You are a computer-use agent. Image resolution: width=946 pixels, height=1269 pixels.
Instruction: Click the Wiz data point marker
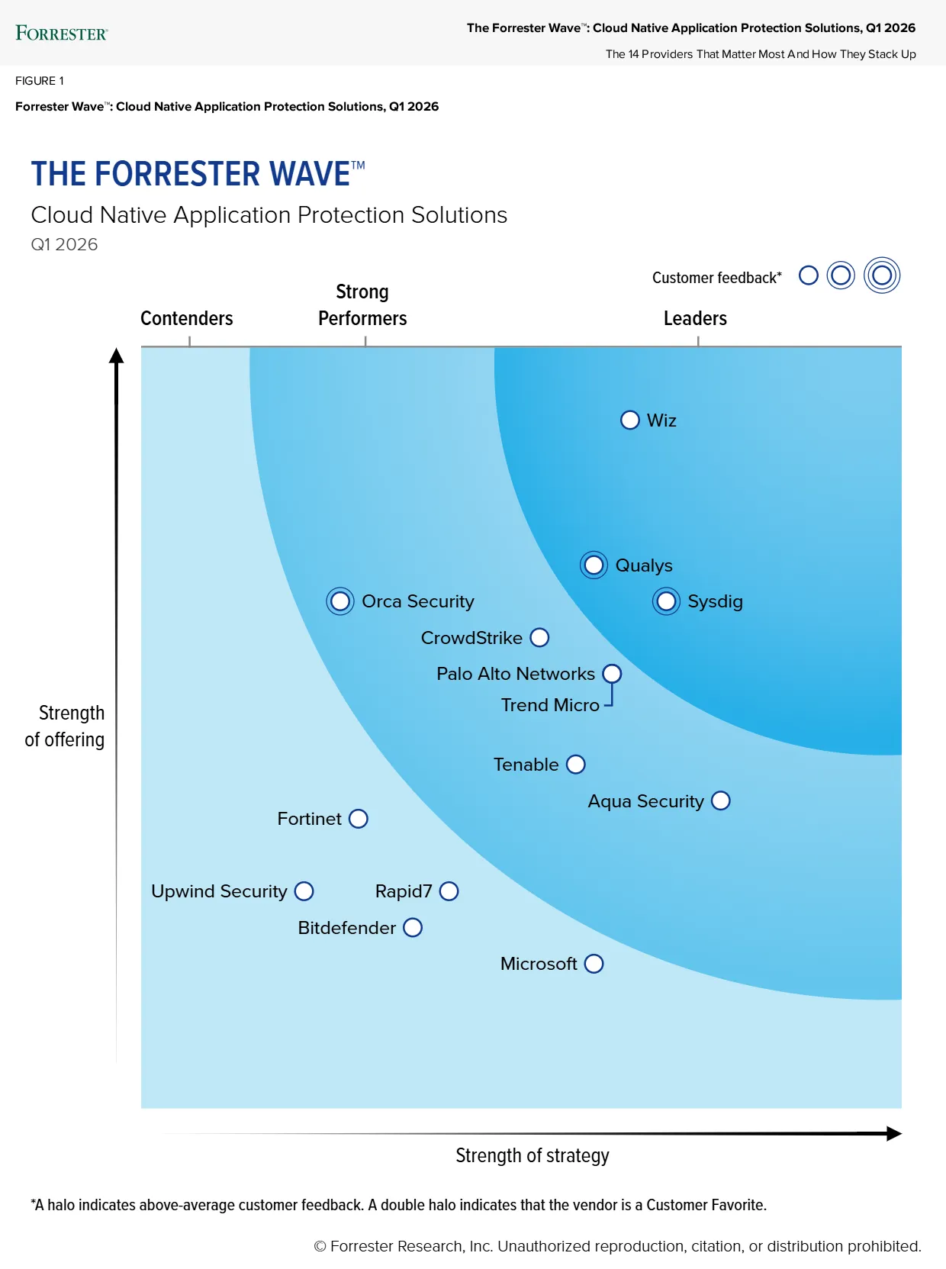(x=629, y=420)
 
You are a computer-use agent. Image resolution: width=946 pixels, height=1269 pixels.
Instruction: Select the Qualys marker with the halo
(x=594, y=565)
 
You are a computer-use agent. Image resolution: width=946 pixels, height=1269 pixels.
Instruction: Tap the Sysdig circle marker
(x=666, y=601)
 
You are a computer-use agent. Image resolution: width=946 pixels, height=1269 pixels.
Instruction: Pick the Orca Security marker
(x=340, y=601)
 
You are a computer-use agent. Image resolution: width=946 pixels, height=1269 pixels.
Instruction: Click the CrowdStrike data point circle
(x=539, y=638)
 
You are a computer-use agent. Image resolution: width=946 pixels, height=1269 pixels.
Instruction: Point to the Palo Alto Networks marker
(x=612, y=674)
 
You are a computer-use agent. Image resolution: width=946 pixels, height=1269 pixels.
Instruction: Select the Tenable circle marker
(x=576, y=765)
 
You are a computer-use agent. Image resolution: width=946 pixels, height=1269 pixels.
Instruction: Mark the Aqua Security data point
(x=721, y=800)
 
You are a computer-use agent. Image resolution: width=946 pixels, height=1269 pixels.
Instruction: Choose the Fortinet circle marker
(x=359, y=819)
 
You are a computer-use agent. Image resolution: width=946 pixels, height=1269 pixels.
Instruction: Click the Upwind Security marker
(x=304, y=891)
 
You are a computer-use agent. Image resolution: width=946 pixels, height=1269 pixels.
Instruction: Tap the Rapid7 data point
(x=449, y=891)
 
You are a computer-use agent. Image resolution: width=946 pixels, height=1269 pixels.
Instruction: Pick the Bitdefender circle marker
(x=413, y=928)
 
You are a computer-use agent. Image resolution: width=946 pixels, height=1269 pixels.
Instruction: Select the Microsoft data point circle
(x=594, y=964)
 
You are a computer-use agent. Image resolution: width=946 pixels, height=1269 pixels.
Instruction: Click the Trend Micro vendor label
(x=550, y=705)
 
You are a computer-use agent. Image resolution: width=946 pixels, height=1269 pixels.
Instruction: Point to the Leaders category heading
(x=695, y=318)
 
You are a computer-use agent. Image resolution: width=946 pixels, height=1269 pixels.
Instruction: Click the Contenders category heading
(x=187, y=318)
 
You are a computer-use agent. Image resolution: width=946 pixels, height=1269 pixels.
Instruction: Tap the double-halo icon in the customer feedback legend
(x=882, y=275)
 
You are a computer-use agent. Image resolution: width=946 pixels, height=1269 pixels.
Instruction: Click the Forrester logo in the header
(x=62, y=33)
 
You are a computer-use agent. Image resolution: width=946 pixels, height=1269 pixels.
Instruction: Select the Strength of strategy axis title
(x=533, y=1155)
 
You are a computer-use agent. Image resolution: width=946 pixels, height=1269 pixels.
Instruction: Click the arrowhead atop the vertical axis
(x=116, y=355)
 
